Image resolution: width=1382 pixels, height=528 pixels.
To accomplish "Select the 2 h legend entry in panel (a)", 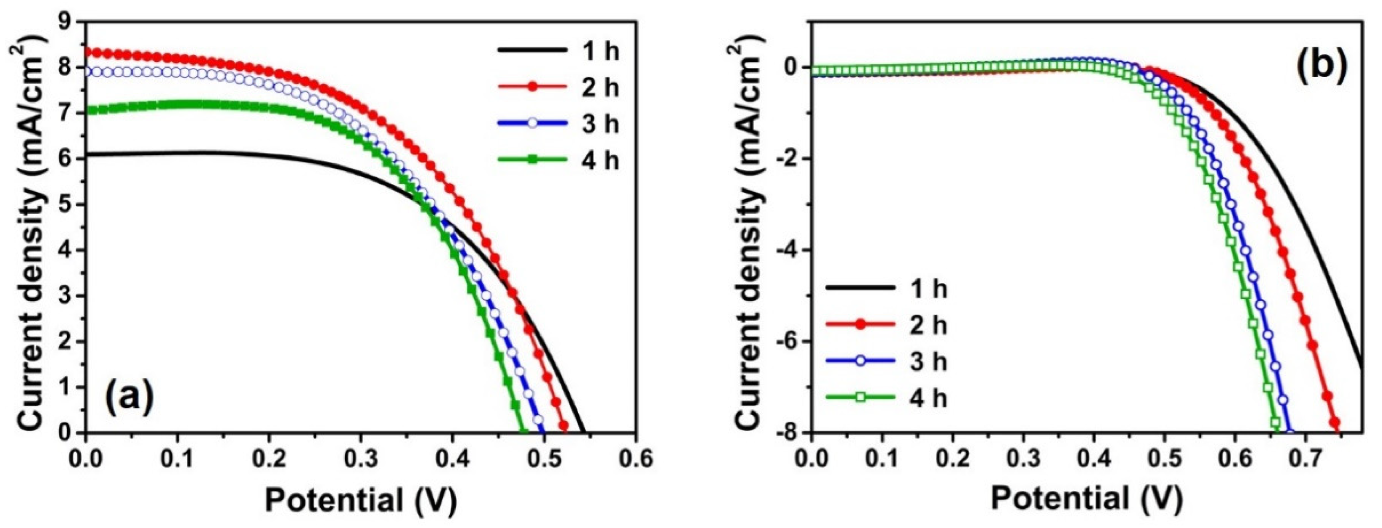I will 558,87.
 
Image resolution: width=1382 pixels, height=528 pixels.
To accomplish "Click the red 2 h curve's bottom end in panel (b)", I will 1335,423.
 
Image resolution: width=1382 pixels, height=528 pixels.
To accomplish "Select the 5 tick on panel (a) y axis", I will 69,204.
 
